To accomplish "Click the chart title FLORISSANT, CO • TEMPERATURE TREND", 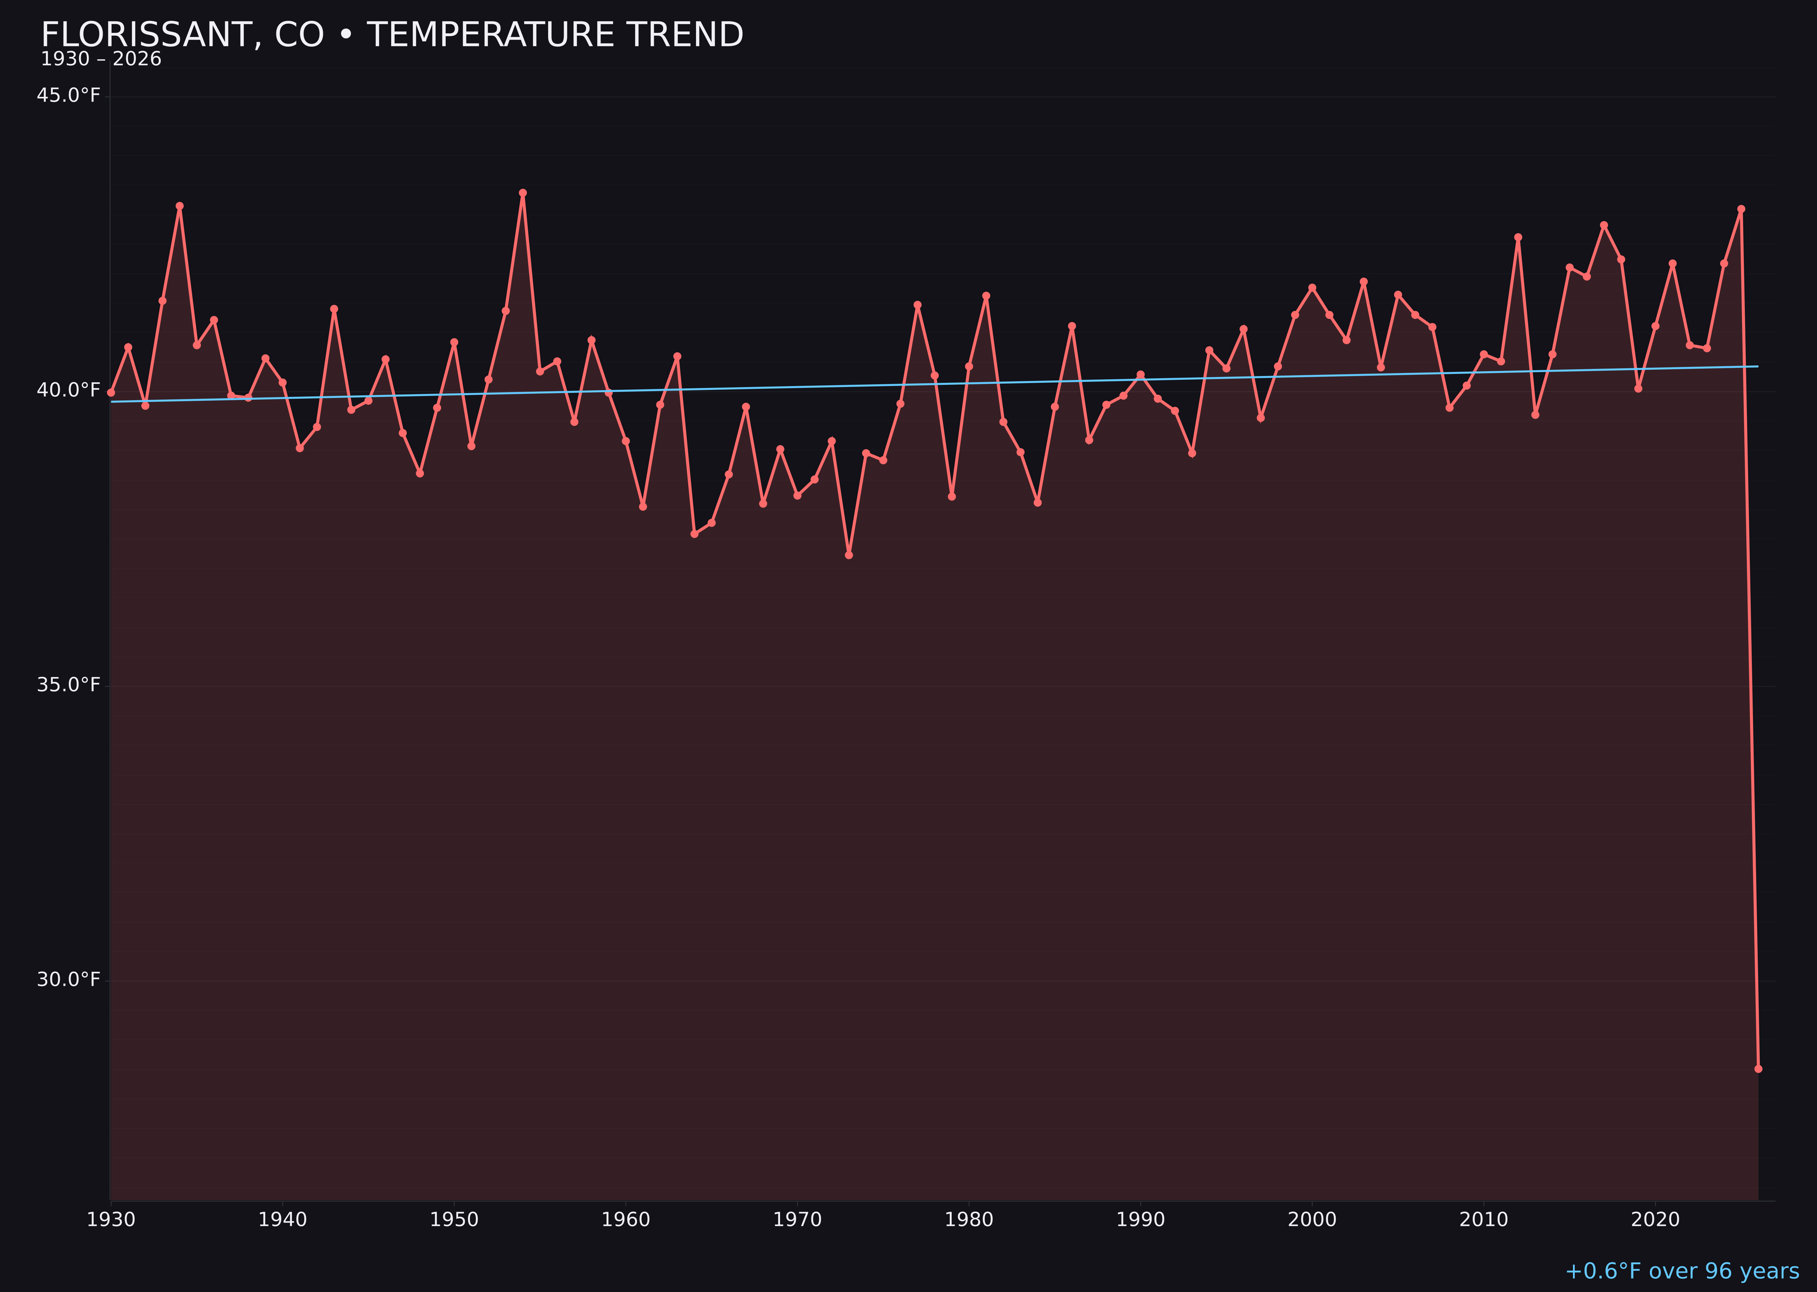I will point(392,35).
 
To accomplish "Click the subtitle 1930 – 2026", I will point(101,60).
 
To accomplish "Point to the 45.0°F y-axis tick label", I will point(69,95).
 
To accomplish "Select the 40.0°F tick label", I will point(69,390).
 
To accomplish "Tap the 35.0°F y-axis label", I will point(69,685).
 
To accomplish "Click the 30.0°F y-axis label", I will point(69,979).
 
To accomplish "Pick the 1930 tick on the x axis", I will point(111,1220).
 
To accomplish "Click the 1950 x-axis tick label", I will point(454,1220).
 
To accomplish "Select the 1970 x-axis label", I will point(797,1220).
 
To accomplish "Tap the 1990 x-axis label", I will point(1140,1220).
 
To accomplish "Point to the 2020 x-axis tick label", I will point(1655,1220).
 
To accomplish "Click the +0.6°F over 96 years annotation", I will point(1682,1271).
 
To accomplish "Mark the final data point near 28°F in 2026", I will point(1758,1068).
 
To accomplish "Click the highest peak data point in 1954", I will point(523,193).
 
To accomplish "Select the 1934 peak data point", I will point(180,206).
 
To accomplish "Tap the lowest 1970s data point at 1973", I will point(849,555).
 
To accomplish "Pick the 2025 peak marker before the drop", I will point(1741,209).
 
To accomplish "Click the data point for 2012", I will point(1518,237).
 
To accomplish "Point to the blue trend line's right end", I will point(1757,367).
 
